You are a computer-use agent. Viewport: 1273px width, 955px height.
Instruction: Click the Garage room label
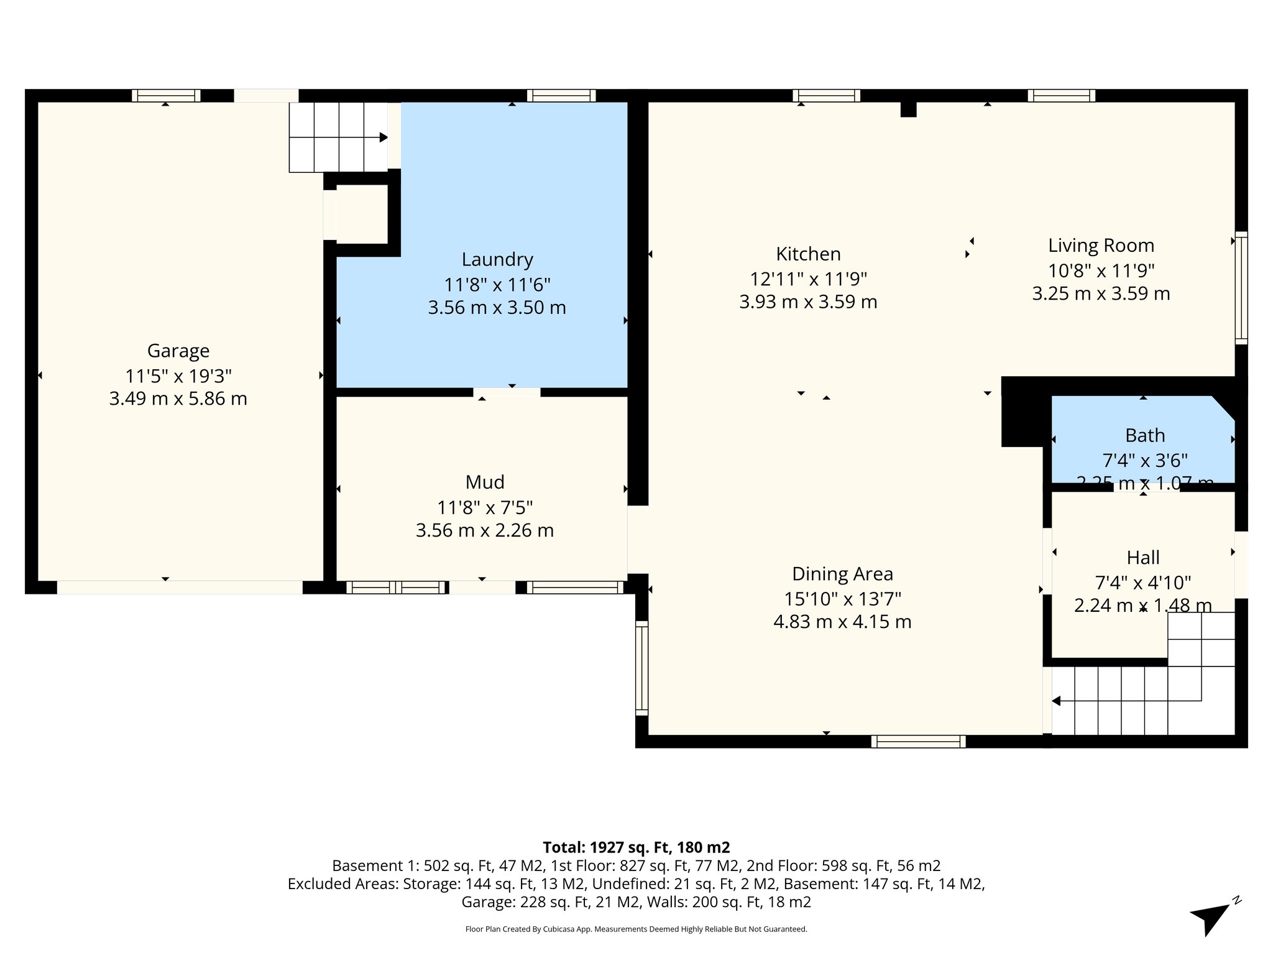(x=178, y=351)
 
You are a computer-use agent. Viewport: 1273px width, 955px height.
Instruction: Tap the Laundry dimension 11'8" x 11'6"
(x=497, y=285)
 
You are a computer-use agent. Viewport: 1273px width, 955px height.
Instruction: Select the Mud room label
(x=485, y=482)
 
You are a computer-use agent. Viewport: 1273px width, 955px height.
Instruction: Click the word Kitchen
(x=808, y=254)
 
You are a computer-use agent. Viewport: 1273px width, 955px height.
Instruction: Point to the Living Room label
(x=1101, y=246)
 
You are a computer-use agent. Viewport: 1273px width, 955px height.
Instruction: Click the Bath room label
(x=1144, y=435)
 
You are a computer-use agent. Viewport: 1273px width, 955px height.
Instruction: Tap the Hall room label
(x=1143, y=558)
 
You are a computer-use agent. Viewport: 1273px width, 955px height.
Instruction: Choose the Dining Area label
(x=842, y=573)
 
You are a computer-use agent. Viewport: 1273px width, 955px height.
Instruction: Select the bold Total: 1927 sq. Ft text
(x=636, y=847)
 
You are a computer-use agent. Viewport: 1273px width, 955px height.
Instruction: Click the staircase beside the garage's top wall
(x=339, y=137)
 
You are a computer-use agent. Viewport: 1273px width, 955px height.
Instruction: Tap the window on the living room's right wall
(x=1241, y=288)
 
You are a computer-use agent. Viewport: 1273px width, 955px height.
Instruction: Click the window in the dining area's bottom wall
(x=918, y=741)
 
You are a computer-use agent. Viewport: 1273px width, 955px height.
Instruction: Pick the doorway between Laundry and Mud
(x=507, y=392)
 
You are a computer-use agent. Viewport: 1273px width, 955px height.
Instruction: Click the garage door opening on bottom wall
(x=180, y=587)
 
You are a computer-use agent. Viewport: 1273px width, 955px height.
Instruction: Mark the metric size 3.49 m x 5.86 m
(x=178, y=399)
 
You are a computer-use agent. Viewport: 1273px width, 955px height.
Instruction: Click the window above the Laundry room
(x=561, y=96)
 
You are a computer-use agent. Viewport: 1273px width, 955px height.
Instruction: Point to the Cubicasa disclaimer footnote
(x=636, y=929)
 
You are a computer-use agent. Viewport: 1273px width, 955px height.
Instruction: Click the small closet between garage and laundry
(x=362, y=215)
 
